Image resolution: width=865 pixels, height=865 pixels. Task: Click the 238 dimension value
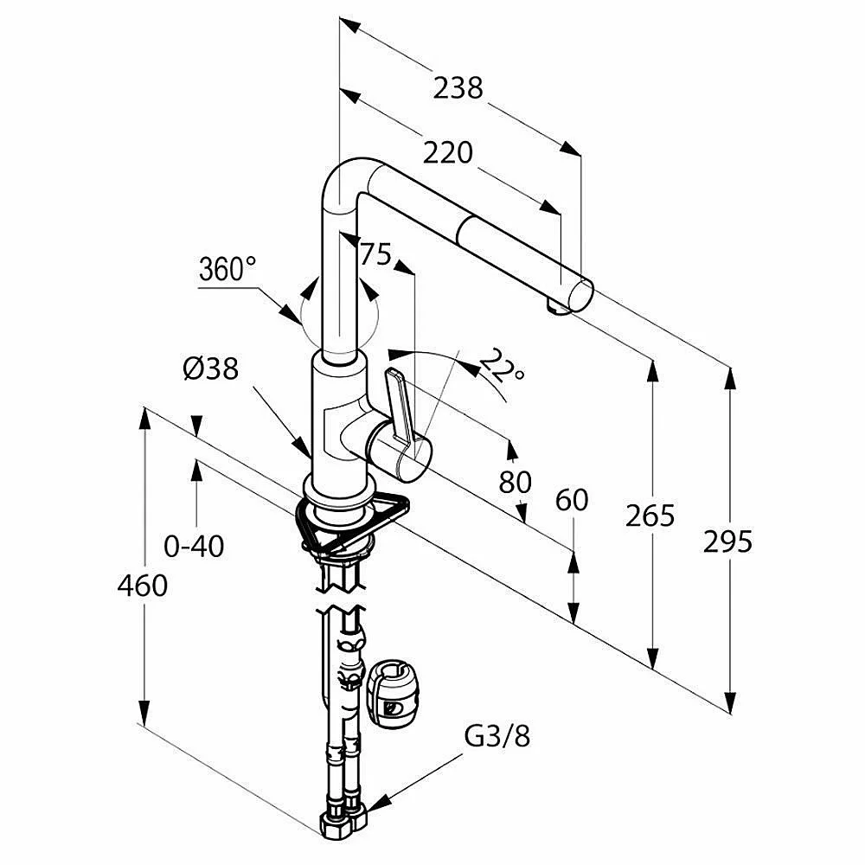(458, 87)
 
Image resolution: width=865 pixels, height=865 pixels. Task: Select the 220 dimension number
(448, 152)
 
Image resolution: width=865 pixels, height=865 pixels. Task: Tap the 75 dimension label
(375, 253)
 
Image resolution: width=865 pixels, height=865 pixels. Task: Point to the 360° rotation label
(227, 269)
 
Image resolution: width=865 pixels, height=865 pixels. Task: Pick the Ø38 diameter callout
(210, 368)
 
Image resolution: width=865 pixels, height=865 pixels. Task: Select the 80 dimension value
(515, 481)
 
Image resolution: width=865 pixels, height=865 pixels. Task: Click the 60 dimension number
(571, 500)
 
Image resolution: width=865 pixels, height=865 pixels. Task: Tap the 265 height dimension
(650, 516)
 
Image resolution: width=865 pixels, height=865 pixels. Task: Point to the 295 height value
(727, 541)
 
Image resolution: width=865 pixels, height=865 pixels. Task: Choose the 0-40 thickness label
(194, 546)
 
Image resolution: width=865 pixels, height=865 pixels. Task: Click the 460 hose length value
(143, 586)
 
